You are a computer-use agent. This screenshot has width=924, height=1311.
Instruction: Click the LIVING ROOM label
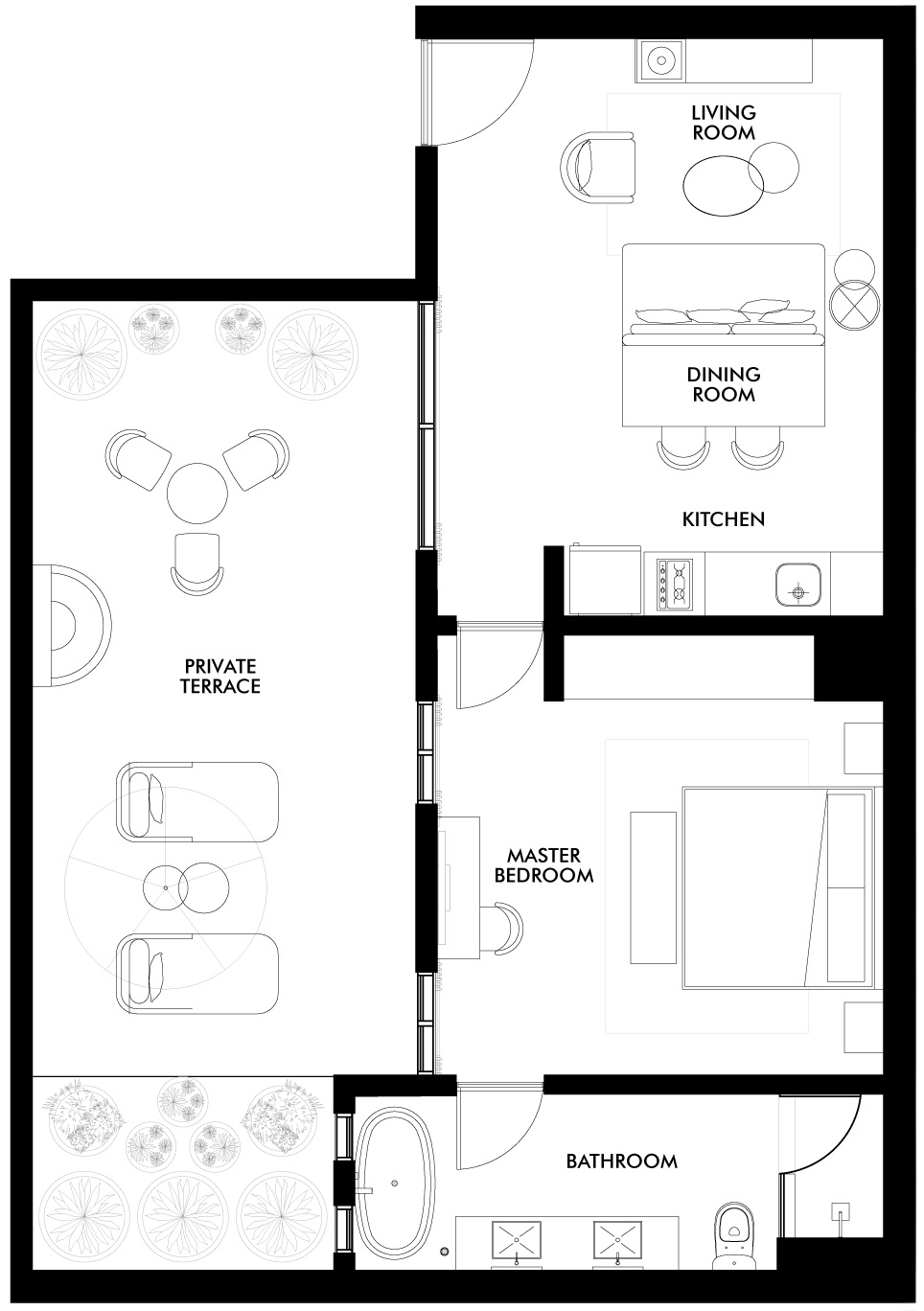coord(724,124)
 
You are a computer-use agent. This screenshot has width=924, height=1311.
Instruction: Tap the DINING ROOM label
coord(724,384)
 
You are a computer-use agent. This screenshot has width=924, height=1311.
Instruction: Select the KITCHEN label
coord(724,519)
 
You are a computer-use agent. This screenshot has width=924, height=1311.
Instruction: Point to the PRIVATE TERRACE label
coord(221,676)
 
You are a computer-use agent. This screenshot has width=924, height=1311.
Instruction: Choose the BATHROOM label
coord(621,1161)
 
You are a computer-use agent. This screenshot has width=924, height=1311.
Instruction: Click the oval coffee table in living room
coord(724,184)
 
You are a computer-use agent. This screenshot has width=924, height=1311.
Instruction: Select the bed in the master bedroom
coord(778,887)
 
